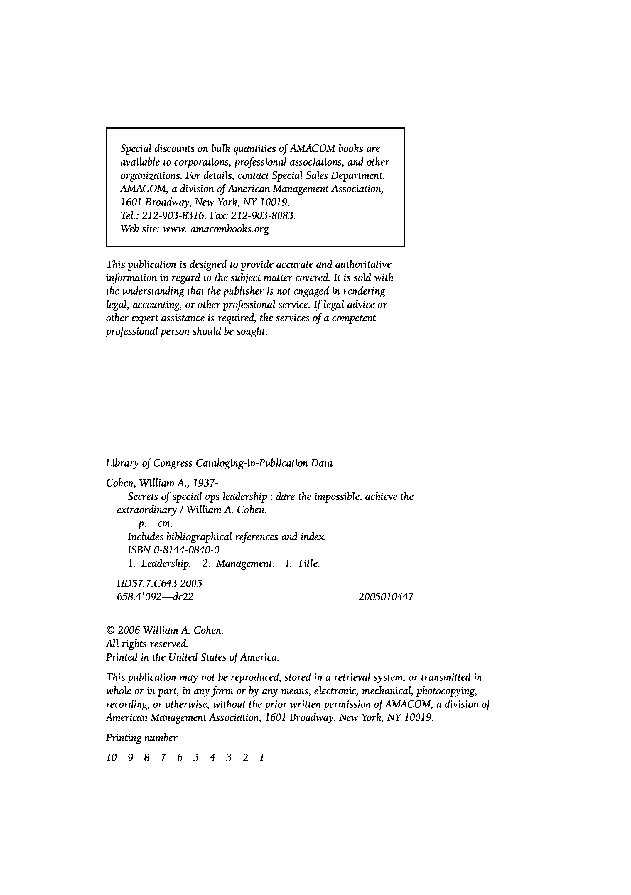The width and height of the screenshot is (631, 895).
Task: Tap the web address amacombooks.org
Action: (229, 229)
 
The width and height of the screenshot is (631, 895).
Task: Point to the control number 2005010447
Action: (386, 597)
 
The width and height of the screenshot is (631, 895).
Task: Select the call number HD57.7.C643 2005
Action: (159, 584)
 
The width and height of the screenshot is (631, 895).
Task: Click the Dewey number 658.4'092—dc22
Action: (155, 597)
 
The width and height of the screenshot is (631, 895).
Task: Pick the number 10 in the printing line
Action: (111, 757)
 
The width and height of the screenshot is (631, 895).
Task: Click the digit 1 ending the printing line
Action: (262, 757)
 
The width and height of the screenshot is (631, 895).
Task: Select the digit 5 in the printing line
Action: (196, 757)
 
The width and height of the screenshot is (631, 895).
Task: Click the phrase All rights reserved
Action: (147, 644)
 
